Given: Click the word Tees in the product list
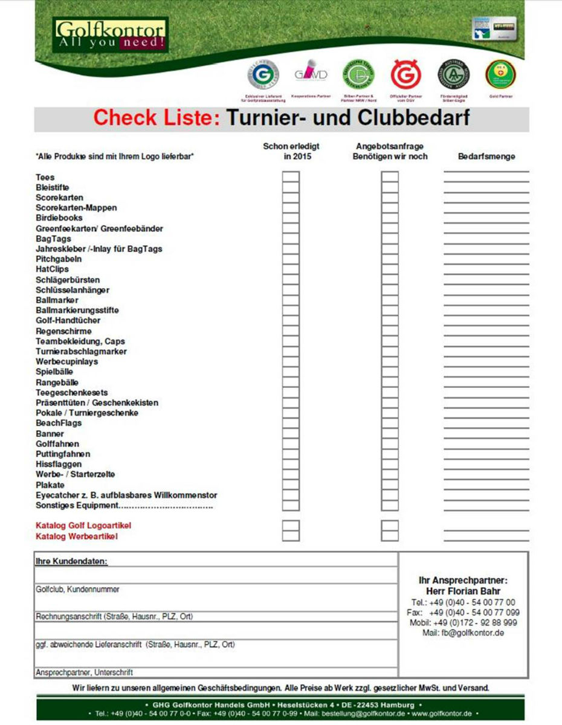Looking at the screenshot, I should pyautogui.click(x=45, y=177).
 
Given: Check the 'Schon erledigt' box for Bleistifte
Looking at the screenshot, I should pyautogui.click(x=291, y=187).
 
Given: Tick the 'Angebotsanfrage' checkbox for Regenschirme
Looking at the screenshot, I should pyautogui.click(x=390, y=331).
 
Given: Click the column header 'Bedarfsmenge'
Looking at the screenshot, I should pyautogui.click(x=486, y=156).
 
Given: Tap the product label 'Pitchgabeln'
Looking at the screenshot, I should pyautogui.click(x=59, y=259).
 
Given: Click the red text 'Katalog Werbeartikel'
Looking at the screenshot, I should pyautogui.click(x=77, y=536).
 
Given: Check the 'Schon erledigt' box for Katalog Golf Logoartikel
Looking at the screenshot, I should pyautogui.click(x=291, y=526).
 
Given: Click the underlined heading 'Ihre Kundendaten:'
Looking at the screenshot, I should pyautogui.click(x=71, y=561).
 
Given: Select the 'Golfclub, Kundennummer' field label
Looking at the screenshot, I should pyautogui.click(x=77, y=589).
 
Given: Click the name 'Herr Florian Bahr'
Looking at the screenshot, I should pyautogui.click(x=463, y=591).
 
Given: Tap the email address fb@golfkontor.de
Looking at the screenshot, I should pyautogui.click(x=473, y=633).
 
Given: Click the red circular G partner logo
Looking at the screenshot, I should pyautogui.click(x=403, y=74).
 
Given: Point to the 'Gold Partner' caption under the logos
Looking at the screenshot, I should pyautogui.click(x=500, y=96).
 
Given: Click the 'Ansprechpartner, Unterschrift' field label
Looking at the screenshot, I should pyautogui.click(x=84, y=672).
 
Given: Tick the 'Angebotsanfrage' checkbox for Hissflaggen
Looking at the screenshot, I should pyautogui.click(x=390, y=464).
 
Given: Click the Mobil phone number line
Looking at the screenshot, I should pyautogui.click(x=463, y=622).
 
